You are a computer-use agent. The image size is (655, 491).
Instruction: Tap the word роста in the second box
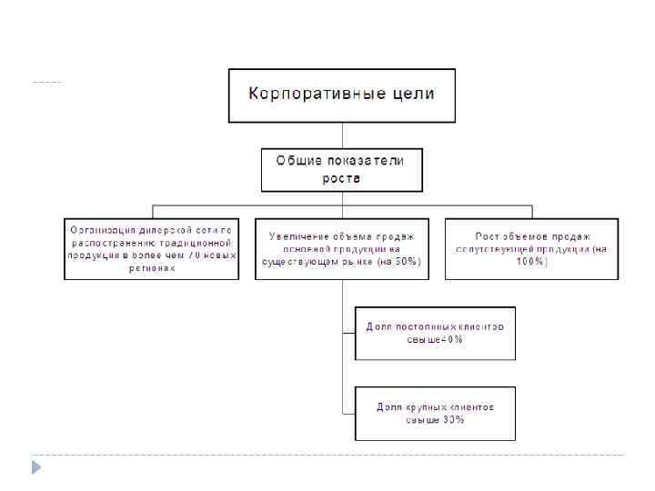coord(342,178)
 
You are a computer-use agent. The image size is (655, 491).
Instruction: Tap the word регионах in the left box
coord(151,268)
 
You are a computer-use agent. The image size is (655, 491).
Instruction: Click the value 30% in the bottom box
coord(452,420)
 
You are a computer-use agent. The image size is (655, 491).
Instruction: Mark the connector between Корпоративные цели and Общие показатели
coord(341,135)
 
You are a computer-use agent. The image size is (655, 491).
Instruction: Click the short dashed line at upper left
coord(45,83)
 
